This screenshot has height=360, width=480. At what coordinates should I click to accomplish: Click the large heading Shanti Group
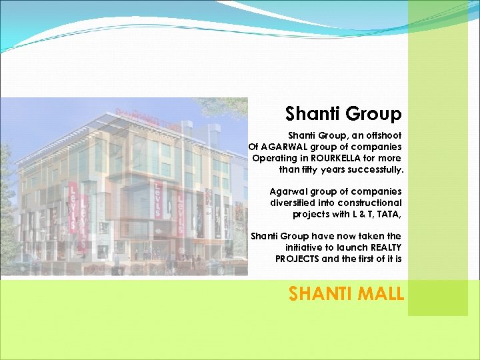(343, 114)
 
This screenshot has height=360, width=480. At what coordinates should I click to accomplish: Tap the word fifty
(311, 169)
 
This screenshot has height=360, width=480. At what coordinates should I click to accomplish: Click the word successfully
(374, 169)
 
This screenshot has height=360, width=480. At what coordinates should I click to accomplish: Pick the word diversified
(293, 203)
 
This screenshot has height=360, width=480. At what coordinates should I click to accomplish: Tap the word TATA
(391, 214)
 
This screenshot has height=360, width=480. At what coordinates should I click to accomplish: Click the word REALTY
(383, 247)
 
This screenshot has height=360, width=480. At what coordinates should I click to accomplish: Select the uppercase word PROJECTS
(297, 259)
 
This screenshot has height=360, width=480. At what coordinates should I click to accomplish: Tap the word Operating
(274, 158)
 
